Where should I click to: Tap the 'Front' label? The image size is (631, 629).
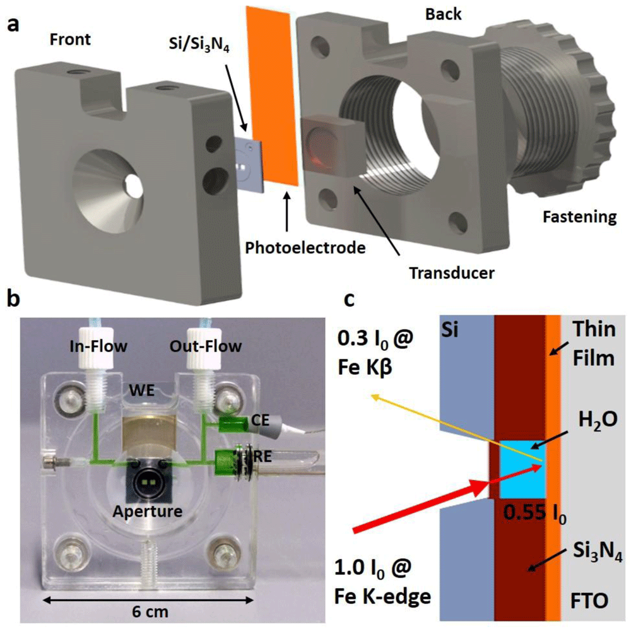[70, 40]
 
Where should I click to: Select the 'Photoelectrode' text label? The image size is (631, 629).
[305, 248]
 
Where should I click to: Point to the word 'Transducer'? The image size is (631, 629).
[452, 273]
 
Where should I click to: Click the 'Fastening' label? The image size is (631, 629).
[579, 217]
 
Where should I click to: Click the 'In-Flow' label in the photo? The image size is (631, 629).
[98, 346]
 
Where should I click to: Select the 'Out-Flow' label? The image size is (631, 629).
[205, 346]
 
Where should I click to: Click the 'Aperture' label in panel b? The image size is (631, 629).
[147, 512]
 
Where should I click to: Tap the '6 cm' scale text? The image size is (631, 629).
[150, 612]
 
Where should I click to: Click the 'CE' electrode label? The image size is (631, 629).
[260, 420]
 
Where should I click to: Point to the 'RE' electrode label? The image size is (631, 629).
[262, 456]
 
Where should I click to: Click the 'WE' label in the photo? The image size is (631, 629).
[142, 391]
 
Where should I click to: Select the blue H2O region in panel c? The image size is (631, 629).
[522, 469]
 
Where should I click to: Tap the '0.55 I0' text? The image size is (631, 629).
[535, 513]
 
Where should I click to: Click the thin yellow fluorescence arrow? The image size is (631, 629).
[457, 428]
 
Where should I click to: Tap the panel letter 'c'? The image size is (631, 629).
[350, 299]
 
